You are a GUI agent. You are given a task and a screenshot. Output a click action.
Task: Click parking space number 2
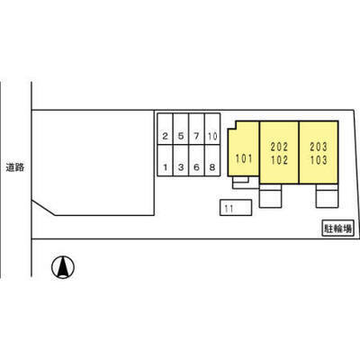coord(165,129)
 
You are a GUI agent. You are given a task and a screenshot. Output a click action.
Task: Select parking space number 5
coord(181,129)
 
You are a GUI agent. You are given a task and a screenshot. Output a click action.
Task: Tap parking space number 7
coord(196,129)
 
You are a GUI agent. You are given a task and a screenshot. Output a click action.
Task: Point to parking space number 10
coord(212,129)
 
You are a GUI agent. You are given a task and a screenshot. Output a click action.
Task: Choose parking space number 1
coord(165,160)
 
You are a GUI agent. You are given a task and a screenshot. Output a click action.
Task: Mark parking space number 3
coord(181,160)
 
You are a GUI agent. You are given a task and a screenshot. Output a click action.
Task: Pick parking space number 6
coord(196,160)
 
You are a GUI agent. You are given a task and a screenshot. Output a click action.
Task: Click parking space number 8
coord(212,160)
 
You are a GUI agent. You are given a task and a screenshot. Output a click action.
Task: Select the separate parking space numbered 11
coord(236,208)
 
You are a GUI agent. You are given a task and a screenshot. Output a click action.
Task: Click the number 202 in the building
coord(279,147)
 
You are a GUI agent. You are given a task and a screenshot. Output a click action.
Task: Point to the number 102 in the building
coord(279,160)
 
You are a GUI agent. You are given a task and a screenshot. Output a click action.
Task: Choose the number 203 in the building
coord(319,147)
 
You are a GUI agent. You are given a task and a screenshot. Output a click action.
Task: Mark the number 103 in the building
coord(319,160)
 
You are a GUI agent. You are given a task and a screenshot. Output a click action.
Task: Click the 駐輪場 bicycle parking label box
coord(337,229)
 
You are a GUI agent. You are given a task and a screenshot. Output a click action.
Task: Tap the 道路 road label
coord(15,167)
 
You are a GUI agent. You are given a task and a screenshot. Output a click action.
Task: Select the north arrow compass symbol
coord(63,267)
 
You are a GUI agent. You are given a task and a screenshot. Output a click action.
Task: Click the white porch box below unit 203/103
coord(327,196)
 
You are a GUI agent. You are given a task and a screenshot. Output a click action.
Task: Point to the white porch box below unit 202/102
coord(270,196)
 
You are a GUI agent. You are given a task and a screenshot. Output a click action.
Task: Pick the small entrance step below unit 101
coord(240,179)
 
